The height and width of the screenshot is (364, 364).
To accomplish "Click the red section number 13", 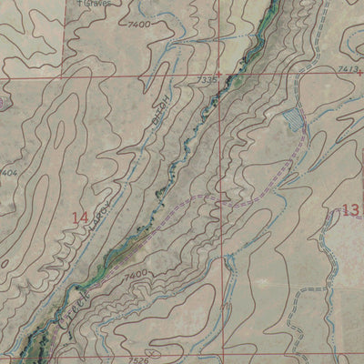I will point(349,211).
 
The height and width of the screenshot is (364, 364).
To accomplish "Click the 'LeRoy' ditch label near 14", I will point(99,212).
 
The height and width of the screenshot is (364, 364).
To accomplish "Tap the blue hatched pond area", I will point(292,117).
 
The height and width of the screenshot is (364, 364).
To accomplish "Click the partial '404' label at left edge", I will point(8,170).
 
